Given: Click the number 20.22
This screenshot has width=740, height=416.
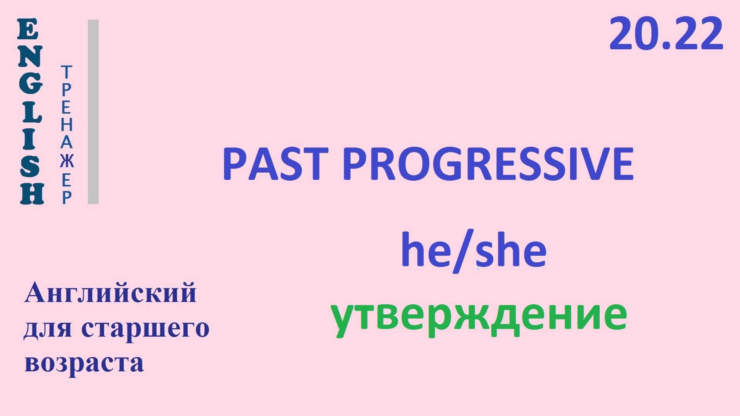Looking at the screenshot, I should click(666, 34).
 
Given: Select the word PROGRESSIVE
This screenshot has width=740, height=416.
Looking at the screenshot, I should click(488, 164).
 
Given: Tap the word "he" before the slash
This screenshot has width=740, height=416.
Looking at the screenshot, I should click(425, 250).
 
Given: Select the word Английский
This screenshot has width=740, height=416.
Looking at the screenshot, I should click(110, 294).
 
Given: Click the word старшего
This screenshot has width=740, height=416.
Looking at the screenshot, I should click(145, 328).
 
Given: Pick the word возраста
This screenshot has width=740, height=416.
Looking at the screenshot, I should click(84, 363).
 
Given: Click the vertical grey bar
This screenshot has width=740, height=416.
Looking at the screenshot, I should click(93, 112).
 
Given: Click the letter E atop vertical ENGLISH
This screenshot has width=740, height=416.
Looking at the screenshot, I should click(28, 30).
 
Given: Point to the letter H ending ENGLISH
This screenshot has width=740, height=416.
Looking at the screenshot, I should click(32, 194).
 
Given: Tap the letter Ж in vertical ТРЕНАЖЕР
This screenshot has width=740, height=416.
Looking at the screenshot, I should click(67, 161).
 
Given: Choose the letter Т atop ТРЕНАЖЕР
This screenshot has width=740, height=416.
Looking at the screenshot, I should click(66, 72).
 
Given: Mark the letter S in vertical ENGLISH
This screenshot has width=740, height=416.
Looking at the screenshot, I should click(30, 167).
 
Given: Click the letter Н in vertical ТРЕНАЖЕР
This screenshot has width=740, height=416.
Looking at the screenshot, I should click(66, 125).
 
